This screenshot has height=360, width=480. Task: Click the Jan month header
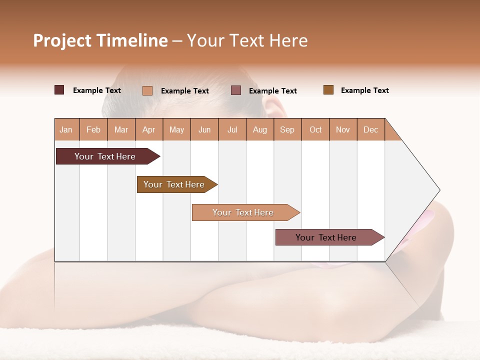[66, 129]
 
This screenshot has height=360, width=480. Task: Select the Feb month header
[93, 129]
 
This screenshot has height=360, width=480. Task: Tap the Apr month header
[149, 129]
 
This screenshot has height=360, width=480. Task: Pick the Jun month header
[204, 129]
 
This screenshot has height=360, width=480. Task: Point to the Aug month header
[260, 129]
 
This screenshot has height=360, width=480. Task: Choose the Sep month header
[287, 129]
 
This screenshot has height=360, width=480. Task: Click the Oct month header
[315, 129]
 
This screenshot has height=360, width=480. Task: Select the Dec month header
[371, 129]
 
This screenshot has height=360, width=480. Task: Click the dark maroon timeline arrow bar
[105, 156]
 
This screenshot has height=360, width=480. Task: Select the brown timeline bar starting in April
[174, 184]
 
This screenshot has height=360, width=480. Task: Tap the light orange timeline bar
[243, 212]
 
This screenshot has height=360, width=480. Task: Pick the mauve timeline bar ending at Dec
[326, 237]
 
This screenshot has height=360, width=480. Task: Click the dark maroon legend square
[59, 90]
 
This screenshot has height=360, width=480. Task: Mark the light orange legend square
[147, 90]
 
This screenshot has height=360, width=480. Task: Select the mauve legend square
[236, 90]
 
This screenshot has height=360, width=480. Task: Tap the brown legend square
[328, 90]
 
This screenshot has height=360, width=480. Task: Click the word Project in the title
[62, 40]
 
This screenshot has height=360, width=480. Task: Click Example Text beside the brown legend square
[364, 90]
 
